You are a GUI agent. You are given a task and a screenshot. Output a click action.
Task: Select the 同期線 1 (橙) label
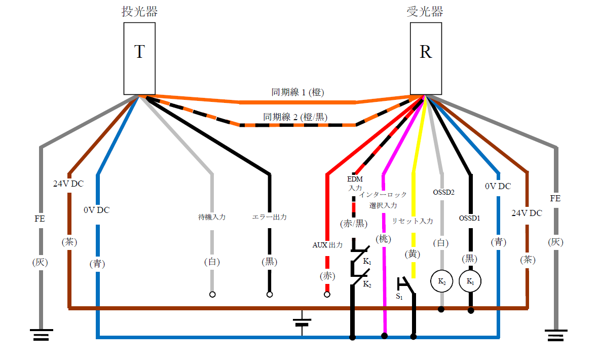297,92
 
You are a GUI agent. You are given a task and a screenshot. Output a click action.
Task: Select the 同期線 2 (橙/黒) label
295,117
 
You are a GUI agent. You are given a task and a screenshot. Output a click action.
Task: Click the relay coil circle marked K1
470,281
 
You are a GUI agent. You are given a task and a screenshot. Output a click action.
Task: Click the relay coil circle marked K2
441,281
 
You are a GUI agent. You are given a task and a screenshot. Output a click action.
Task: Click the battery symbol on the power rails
302,321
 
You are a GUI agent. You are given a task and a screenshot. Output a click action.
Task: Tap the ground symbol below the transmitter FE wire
41,335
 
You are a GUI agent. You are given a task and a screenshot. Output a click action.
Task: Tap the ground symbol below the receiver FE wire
556,335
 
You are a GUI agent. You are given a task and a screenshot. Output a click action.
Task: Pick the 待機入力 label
211,217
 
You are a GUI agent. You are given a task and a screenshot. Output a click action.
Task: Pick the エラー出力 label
270,217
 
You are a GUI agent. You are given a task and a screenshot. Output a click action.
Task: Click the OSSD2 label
443,192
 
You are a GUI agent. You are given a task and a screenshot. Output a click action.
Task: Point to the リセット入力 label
413,221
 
